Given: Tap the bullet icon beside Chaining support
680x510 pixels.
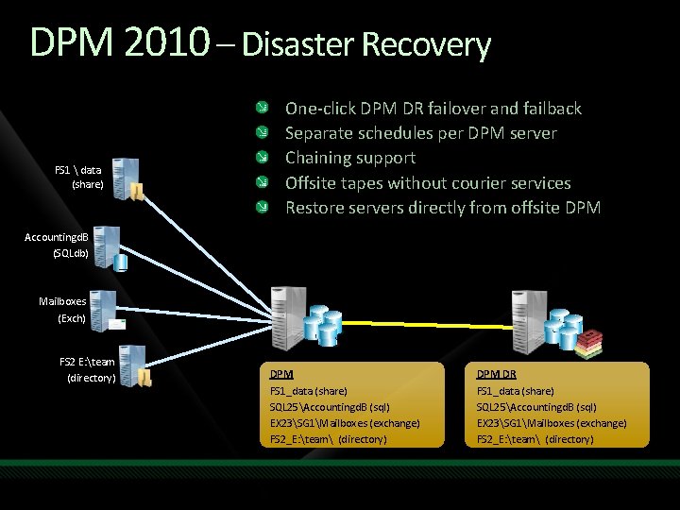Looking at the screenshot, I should (x=271, y=158).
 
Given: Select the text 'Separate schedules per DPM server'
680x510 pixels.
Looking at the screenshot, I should (x=420, y=133).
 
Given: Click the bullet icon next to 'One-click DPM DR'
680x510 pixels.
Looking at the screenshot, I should (x=271, y=108).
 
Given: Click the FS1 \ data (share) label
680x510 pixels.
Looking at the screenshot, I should (x=79, y=177).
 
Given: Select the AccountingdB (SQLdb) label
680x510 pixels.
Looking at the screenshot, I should (x=57, y=244).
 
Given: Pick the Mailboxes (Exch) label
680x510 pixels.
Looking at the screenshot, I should (x=62, y=310).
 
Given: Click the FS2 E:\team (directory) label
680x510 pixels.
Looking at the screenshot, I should (x=87, y=369).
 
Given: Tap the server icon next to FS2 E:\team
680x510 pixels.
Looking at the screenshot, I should (x=132, y=366).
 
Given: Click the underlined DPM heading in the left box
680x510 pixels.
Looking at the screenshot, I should (x=281, y=374).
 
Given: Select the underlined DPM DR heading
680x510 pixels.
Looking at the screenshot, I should (x=496, y=374).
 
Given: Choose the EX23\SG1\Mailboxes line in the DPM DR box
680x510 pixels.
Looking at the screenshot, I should (x=552, y=423).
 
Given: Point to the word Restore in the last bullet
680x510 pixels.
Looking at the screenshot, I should (x=314, y=207).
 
